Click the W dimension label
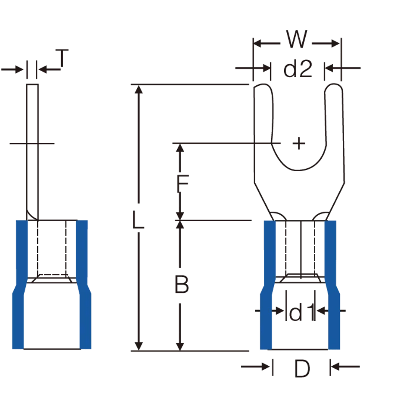pyautogui.click(x=297, y=39)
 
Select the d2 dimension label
pyautogui.click(x=298, y=69)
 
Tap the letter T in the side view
pyautogui.click(x=62, y=58)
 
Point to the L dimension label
pyautogui.click(x=138, y=220)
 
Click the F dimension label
pyautogui.click(x=182, y=184)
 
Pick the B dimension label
pyautogui.click(x=182, y=284)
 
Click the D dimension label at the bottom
pyautogui.click(x=302, y=369)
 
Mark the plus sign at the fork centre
pyautogui.click(x=299, y=144)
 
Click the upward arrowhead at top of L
pyautogui.click(x=138, y=89)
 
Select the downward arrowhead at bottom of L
pyautogui.click(x=138, y=346)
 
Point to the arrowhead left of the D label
pyautogui.click(x=265, y=367)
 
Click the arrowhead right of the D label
pyautogui.click(x=335, y=367)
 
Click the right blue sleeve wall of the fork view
pyautogui.click(x=332, y=285)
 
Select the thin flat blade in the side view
pyautogui.click(x=32, y=152)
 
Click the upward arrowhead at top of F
pyautogui.click(x=180, y=148)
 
